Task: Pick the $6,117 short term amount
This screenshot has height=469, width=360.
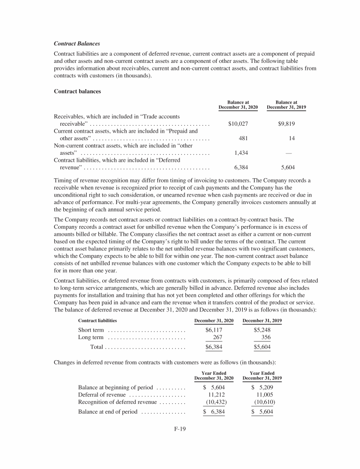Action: coord(213,330)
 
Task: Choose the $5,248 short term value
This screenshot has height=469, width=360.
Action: coord(262,330)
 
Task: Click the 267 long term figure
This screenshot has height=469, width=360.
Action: coord(217,337)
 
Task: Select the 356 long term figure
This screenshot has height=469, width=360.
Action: coord(266,337)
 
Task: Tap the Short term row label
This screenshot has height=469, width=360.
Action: coord(91,330)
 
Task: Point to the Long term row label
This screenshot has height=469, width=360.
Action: coord(90,337)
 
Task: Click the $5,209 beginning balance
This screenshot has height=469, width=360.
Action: coord(262,387)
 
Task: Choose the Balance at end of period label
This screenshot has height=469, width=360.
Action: coord(107,412)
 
